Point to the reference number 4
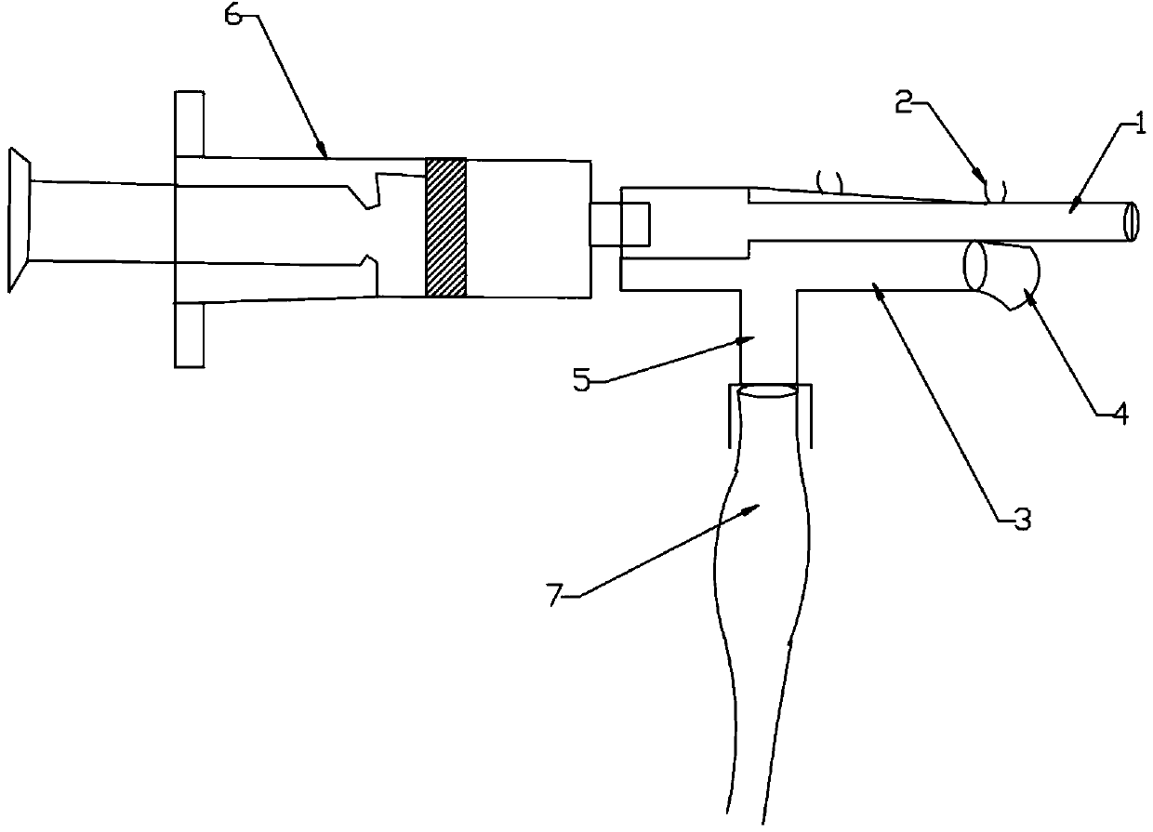click(x=1120, y=415)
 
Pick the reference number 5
click(x=582, y=381)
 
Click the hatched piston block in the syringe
click(x=445, y=228)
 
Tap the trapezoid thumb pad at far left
click(x=19, y=219)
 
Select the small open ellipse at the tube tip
click(x=1130, y=223)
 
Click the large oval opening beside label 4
click(x=976, y=266)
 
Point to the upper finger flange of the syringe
click(x=189, y=124)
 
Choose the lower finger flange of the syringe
click(x=189, y=334)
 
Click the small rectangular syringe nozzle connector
click(x=620, y=224)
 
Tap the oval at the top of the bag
click(x=768, y=394)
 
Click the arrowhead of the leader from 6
click(x=325, y=152)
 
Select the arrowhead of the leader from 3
click(x=876, y=292)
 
